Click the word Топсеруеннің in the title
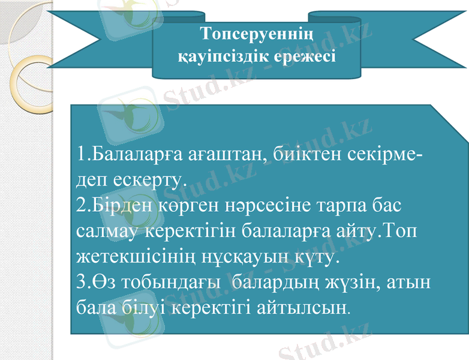point(257,32)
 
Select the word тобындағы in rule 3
point(173,282)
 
